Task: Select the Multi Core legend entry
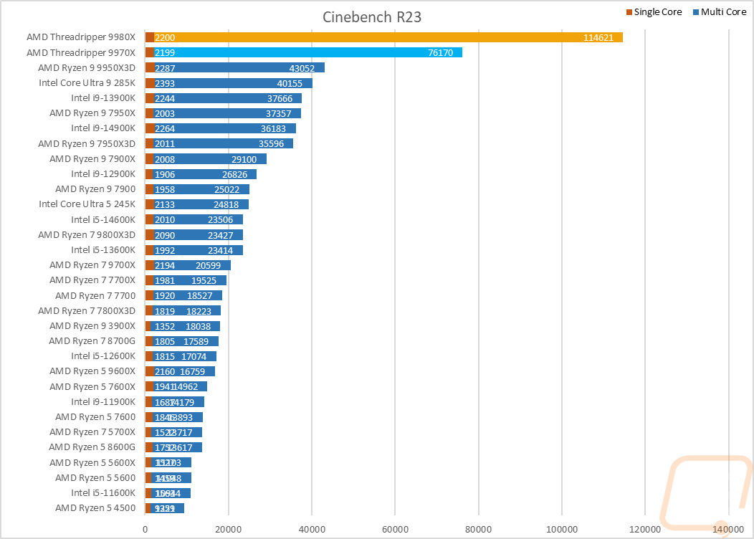(x=719, y=12)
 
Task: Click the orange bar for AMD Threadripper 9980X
(x=387, y=37)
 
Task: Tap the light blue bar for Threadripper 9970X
(x=308, y=52)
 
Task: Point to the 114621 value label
(x=598, y=38)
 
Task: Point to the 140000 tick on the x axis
(x=728, y=529)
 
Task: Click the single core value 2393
(x=164, y=83)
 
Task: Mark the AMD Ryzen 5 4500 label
(x=95, y=508)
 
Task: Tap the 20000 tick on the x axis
(x=229, y=529)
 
